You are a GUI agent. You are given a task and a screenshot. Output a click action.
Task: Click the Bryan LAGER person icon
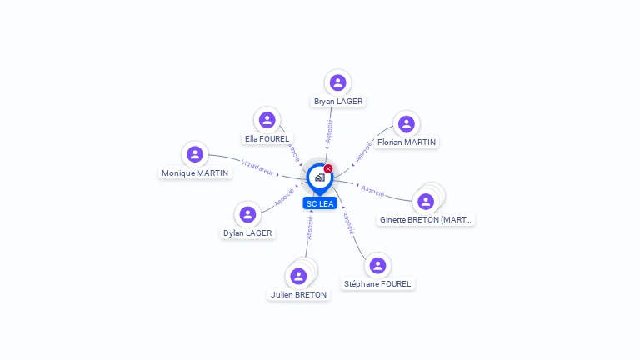(337, 82)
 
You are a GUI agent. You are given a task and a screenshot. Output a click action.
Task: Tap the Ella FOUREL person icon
(267, 120)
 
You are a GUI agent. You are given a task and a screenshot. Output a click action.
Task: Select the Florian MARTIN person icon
(406, 124)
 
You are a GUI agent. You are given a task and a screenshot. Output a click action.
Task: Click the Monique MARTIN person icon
(195, 154)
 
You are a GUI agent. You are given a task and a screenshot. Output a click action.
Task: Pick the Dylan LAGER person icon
(247, 214)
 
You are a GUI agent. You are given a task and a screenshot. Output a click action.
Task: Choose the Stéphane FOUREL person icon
(377, 265)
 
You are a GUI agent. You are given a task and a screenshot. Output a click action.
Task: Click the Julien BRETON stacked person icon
(299, 276)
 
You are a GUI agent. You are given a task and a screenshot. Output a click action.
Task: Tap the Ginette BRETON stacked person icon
(426, 202)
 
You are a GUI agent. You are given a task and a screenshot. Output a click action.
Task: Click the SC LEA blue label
(320, 203)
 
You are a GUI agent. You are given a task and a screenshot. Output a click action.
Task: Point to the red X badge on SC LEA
(328, 168)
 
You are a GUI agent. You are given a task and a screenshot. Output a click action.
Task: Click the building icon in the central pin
(319, 177)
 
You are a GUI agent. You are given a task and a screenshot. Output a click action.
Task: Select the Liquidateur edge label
(257, 167)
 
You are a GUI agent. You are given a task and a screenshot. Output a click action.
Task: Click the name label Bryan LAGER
(337, 102)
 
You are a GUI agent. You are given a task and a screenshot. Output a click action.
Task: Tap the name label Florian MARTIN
(407, 142)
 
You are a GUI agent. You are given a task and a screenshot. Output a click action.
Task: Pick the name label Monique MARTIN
(195, 173)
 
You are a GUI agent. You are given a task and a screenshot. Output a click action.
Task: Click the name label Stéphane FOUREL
(378, 284)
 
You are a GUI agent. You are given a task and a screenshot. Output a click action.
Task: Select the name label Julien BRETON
(298, 295)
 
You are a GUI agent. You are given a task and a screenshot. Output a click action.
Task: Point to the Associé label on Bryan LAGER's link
(329, 132)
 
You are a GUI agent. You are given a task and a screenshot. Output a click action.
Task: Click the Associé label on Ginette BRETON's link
(372, 191)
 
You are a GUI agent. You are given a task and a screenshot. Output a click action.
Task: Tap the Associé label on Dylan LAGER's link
(283, 197)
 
